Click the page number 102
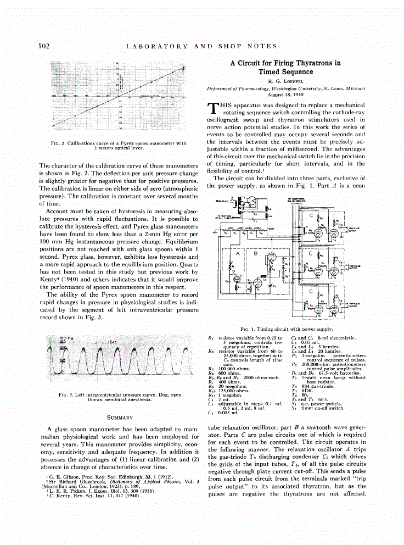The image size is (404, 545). click(44, 46)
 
